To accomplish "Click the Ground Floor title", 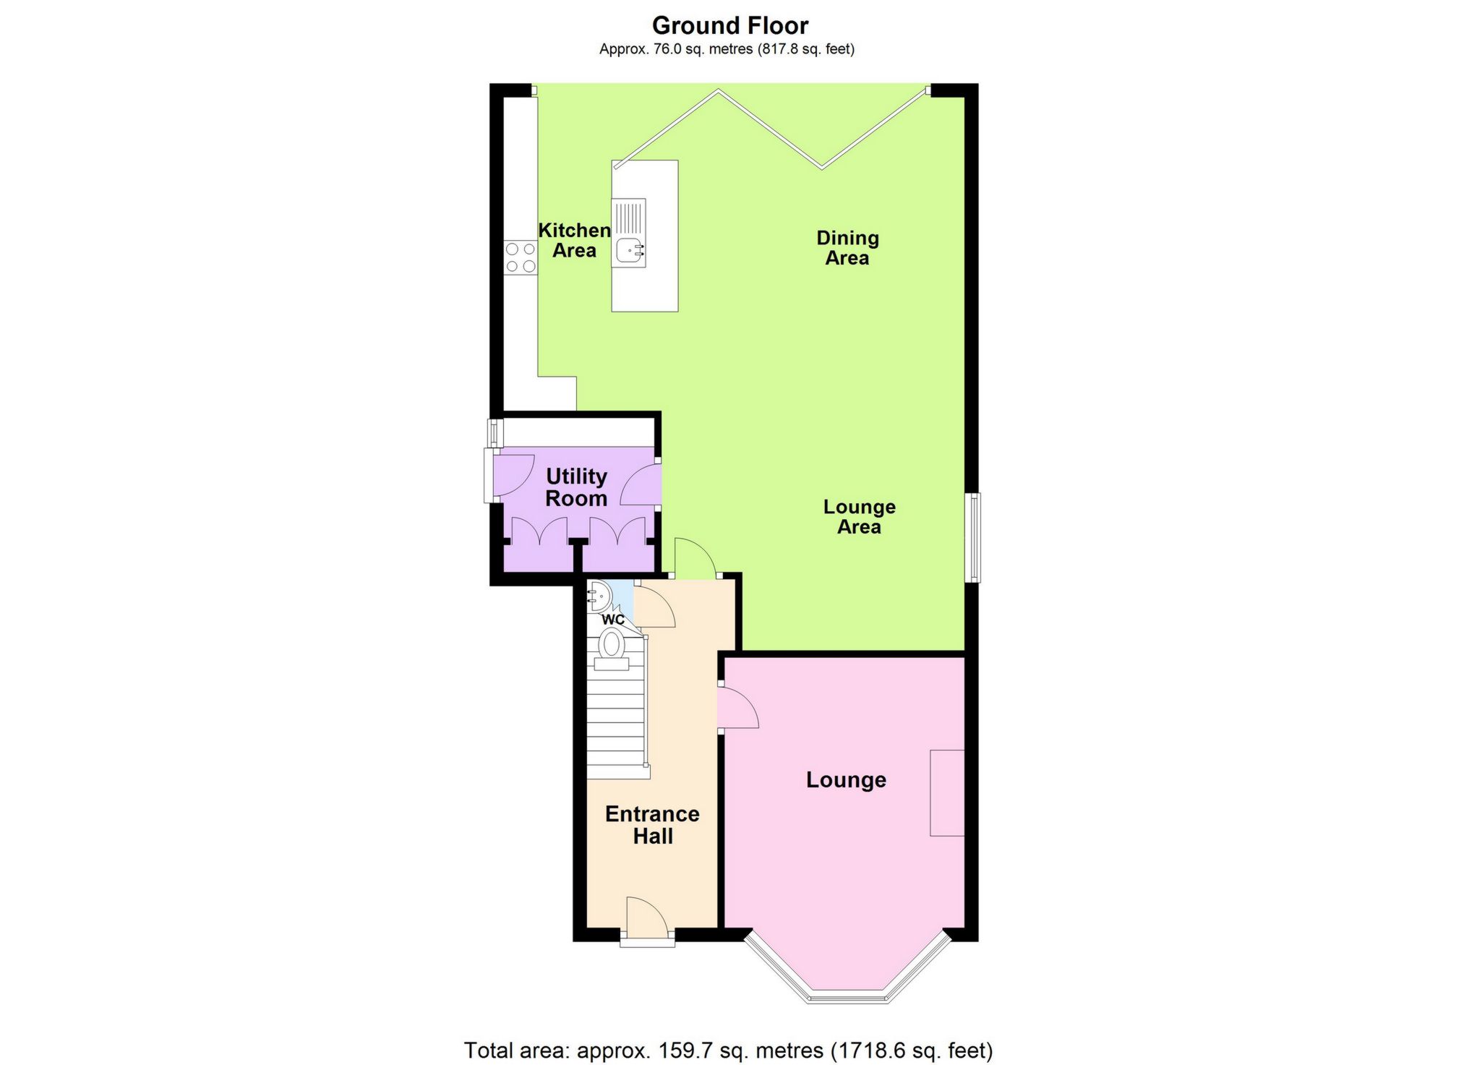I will click(x=729, y=26).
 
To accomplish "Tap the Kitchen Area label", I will click(x=575, y=241).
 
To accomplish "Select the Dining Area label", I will click(x=847, y=248).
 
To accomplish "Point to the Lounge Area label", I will click(x=859, y=517).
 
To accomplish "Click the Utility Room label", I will click(x=576, y=487).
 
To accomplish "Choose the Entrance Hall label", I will click(x=652, y=825).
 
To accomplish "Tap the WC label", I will click(x=613, y=620).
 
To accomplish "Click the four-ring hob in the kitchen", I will click(x=521, y=258).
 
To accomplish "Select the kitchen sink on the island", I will click(x=630, y=249).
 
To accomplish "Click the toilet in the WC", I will click(x=612, y=646).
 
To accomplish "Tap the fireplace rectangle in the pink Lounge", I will click(x=947, y=793).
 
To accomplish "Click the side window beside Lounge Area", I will click(x=974, y=537).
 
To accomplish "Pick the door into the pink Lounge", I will click(x=737, y=708).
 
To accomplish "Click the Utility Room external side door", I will click(x=493, y=475).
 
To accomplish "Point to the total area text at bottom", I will click(x=728, y=1051).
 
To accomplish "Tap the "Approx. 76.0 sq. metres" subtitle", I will click(x=727, y=49).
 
